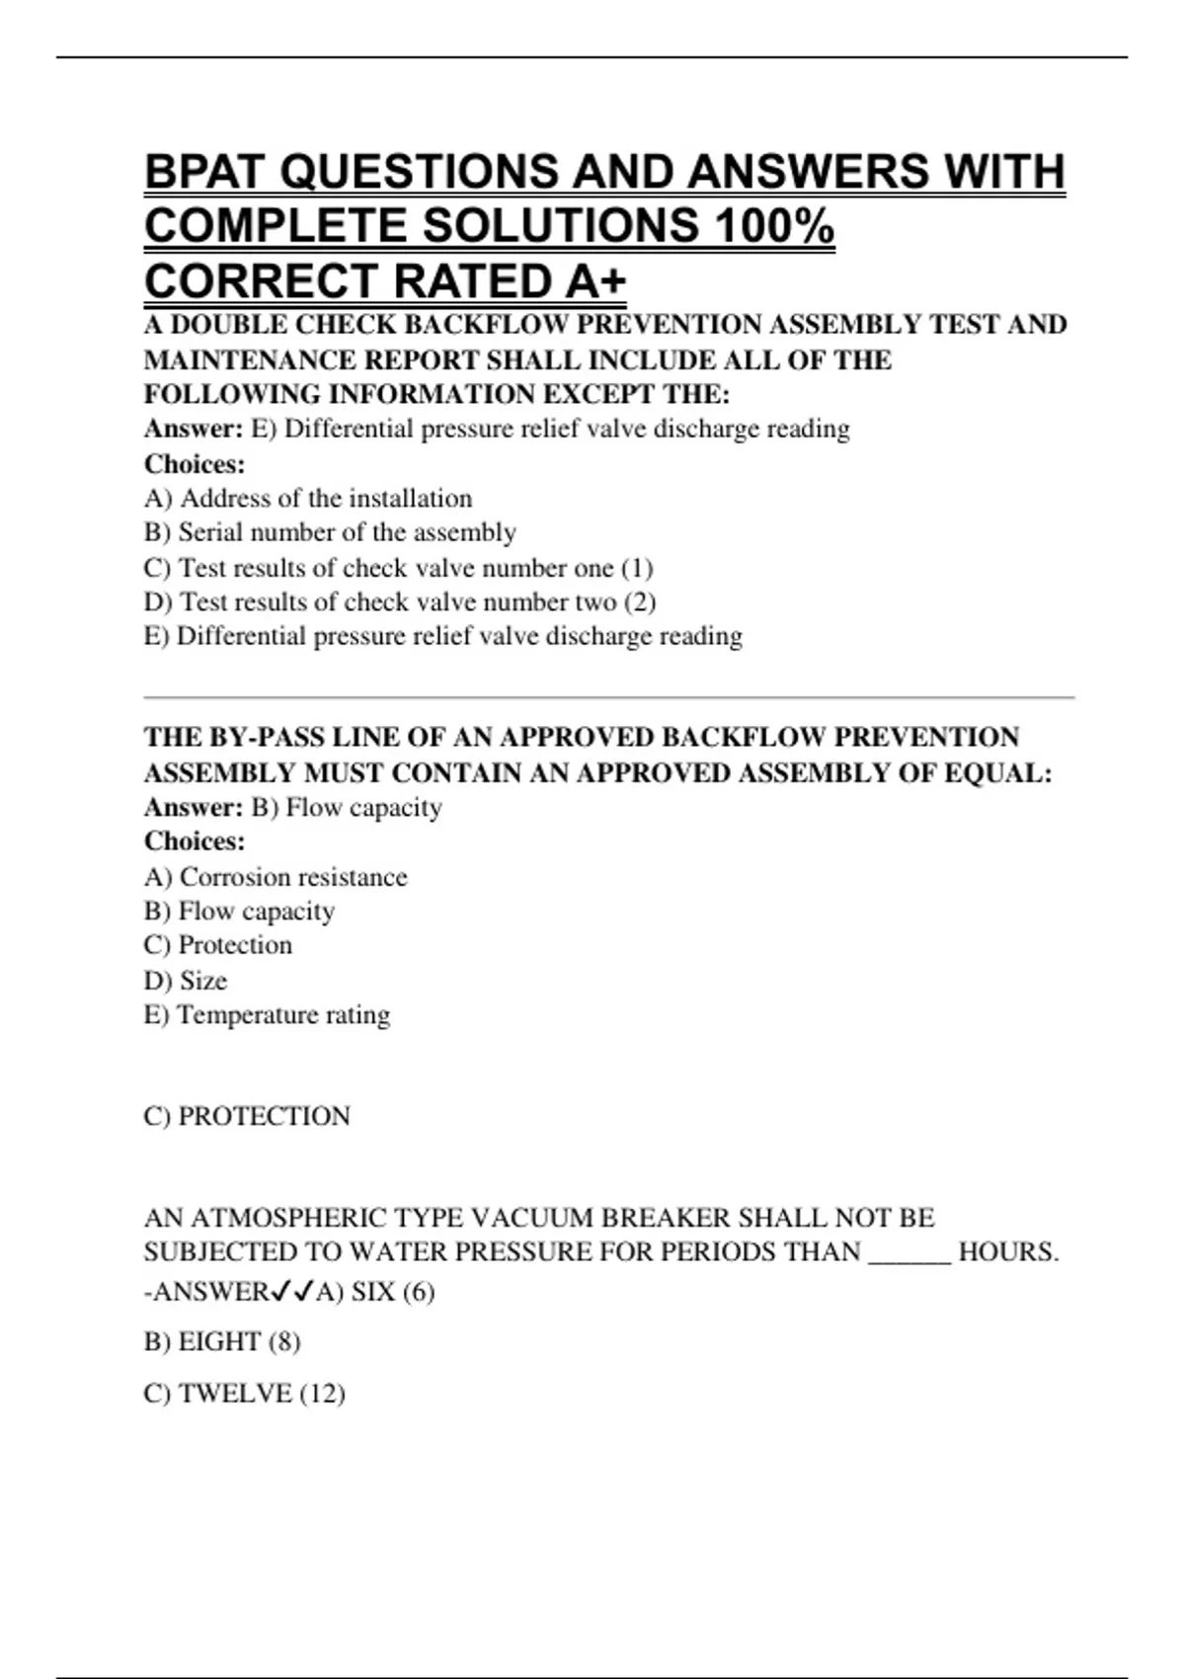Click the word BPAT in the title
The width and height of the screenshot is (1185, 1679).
coord(204,173)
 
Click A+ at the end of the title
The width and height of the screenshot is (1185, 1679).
coord(596,281)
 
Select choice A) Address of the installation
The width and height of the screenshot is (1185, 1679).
coord(308,498)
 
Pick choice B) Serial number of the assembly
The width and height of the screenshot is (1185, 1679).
coord(330,532)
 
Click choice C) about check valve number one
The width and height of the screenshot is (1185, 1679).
coord(398,568)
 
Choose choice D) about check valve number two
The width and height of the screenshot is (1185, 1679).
coord(400,601)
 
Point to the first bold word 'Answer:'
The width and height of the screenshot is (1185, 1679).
coord(194,429)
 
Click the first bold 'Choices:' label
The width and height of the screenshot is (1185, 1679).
coord(195,463)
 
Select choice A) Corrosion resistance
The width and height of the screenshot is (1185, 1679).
coord(276,877)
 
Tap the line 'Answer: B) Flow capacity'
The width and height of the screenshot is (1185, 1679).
coord(293,807)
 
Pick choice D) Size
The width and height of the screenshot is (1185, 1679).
coord(186,981)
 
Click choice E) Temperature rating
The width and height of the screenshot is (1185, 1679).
coord(267,1014)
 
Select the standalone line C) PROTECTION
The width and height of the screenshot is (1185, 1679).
coord(247,1116)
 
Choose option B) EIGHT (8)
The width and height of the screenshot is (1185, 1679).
coord(222,1341)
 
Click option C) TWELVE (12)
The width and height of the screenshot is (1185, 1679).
coord(244,1394)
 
